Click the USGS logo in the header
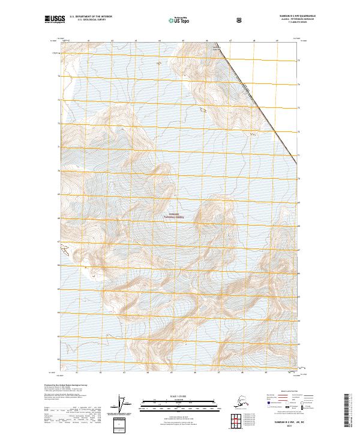click(52, 20)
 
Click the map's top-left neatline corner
click(60, 41)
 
